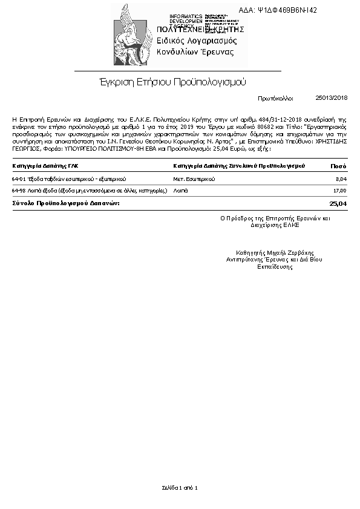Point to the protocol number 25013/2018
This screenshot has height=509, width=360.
[x=332, y=97]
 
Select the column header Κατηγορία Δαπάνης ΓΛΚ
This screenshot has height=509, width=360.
[x=45, y=165]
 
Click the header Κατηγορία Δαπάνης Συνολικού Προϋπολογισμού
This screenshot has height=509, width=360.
[x=239, y=165]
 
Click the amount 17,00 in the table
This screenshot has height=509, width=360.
[x=340, y=191]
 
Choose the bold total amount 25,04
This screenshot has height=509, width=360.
[x=338, y=203]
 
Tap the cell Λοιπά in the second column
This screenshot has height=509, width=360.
[x=180, y=191]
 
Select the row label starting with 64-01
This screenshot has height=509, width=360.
[x=69, y=179]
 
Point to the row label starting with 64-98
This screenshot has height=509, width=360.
[x=89, y=191]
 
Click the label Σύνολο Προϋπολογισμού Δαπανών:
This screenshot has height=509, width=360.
[x=66, y=203]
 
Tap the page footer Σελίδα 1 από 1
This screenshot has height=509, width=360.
[x=180, y=487]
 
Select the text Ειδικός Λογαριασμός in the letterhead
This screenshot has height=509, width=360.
[x=197, y=41]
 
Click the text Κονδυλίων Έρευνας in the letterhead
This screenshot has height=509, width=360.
[x=195, y=52]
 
